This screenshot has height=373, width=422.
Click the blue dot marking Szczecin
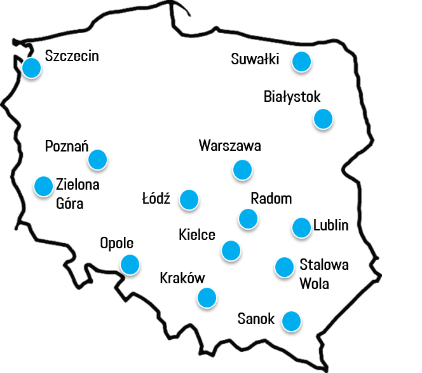pos(31,68)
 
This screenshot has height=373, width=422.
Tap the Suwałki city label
pos(255,60)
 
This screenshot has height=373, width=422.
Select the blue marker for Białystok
pos(323,119)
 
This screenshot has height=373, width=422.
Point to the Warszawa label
pos(229,146)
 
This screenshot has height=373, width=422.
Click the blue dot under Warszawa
pos(242,170)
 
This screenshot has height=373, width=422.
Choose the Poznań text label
pos(66,146)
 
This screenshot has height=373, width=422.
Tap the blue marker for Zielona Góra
pos(43,186)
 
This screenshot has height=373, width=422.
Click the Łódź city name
pos(156,199)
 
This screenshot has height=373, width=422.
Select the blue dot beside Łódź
pos(189,200)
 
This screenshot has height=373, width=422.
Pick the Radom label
pos(271,199)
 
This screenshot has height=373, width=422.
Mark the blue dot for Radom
pos(248,219)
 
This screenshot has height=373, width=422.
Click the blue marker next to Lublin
pos(301,227)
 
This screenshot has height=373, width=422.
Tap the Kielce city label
pos(197,236)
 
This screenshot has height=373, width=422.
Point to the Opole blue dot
pos(130,264)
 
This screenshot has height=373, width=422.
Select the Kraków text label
pos(182,278)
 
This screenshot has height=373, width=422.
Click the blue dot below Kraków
pos(206,297)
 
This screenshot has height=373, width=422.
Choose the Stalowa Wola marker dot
pos(284,267)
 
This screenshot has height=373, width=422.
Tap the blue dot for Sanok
pos(291,321)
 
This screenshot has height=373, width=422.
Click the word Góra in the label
pos(70,204)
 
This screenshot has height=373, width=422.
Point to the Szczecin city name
pos(72,56)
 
